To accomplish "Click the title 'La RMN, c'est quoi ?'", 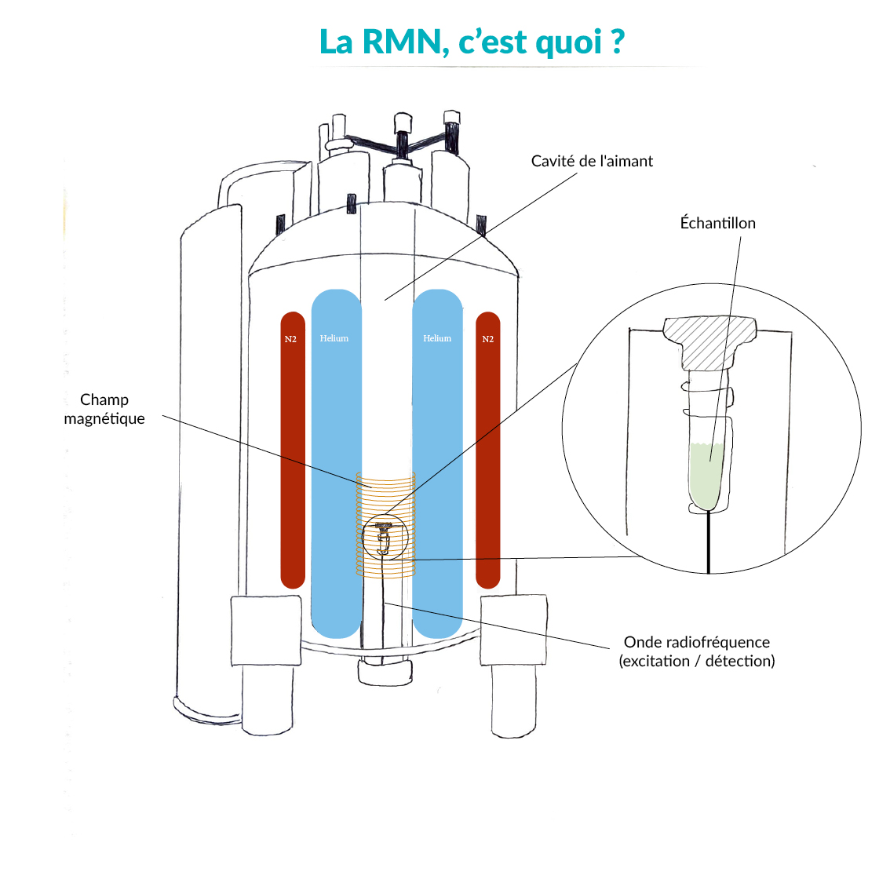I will coord(471,42).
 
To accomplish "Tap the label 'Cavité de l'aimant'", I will coord(592,161).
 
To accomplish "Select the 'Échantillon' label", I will coord(717,223).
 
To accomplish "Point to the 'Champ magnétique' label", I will coord(104,409).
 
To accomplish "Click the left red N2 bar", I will coord(293,455).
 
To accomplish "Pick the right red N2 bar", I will coord(487,455).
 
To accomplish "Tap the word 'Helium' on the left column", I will coord(334,338).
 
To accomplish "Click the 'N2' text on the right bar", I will coord(487,339).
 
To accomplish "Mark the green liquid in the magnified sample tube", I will coord(709,475).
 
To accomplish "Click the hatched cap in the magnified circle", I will coord(709,341).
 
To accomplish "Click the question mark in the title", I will coord(617,41).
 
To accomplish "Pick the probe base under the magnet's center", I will coord(385,671).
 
